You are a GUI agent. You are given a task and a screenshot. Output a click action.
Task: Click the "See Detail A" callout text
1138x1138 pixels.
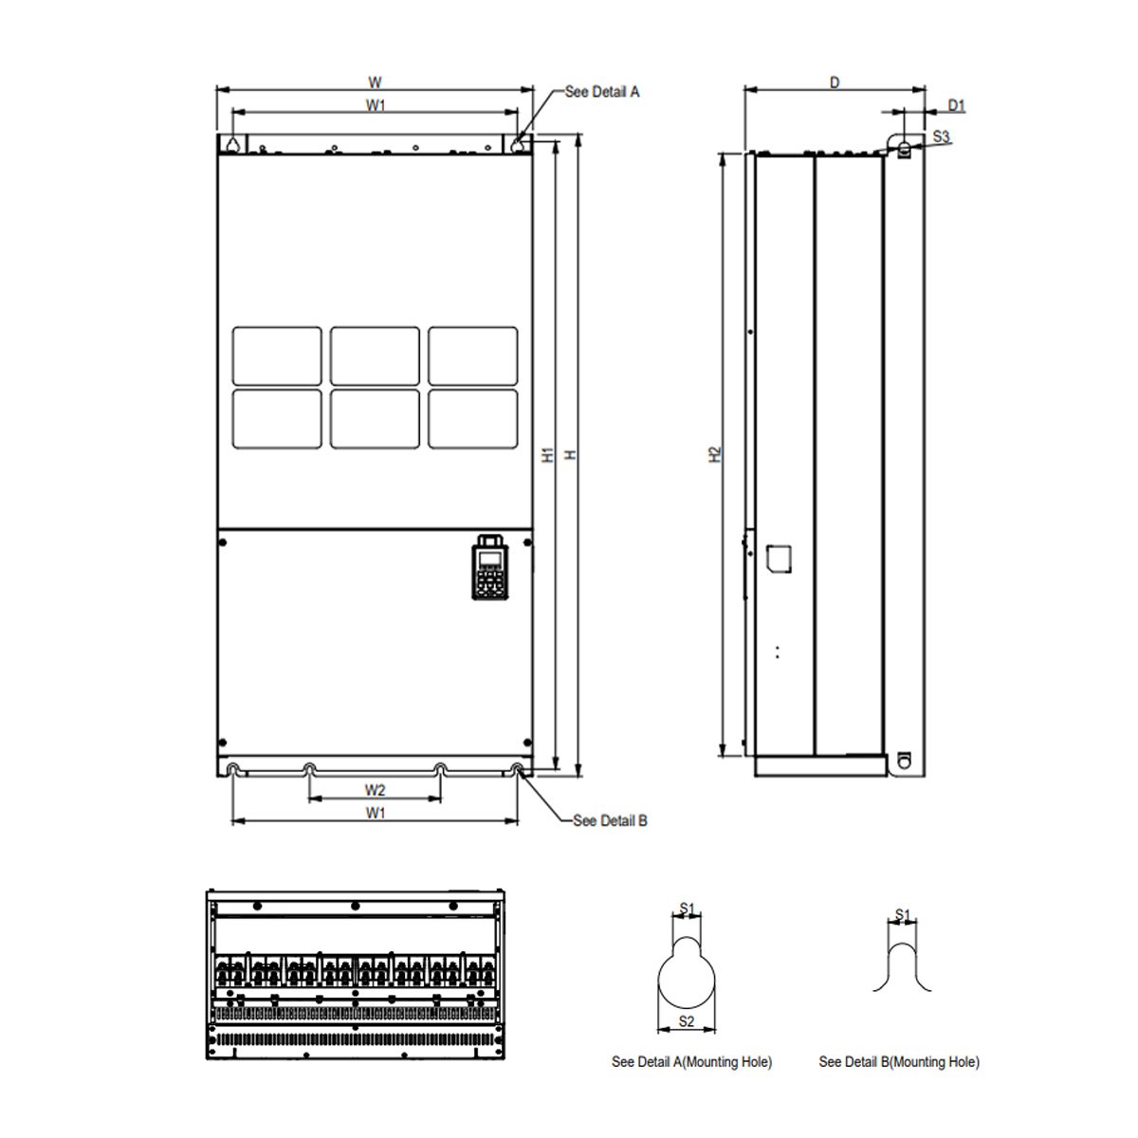[x=602, y=92]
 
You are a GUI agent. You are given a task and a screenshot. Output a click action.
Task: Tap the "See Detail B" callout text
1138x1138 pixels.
[x=610, y=821]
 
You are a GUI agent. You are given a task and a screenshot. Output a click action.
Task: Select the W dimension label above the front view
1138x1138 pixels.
[x=375, y=83]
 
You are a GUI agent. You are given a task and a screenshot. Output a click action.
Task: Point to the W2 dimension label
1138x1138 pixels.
[x=375, y=790]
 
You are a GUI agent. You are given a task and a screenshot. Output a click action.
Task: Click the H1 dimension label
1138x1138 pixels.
[x=548, y=455]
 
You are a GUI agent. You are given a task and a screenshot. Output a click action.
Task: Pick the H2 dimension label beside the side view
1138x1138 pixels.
[x=715, y=454]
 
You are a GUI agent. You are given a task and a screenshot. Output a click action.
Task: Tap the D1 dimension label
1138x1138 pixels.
[x=957, y=105]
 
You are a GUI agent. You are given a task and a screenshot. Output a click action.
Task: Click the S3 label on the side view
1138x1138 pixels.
[x=942, y=137]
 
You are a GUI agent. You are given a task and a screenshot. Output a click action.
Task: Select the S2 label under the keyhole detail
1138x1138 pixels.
[x=687, y=1021]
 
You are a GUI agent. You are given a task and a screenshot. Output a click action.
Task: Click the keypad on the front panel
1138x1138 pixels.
[x=490, y=567]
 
